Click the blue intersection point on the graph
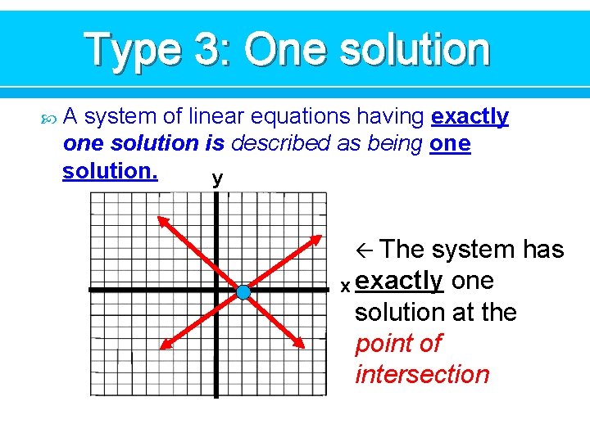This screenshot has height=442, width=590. coord(243,292)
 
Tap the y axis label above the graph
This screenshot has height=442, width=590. coord(216,179)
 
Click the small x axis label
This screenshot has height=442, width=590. coord(345,286)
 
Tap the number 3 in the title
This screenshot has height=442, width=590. coord(205,50)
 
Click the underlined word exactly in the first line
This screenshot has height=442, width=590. coord(470,117)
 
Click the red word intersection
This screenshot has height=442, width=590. coord(421,375)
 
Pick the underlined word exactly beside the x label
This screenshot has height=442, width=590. coord(399,281)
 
